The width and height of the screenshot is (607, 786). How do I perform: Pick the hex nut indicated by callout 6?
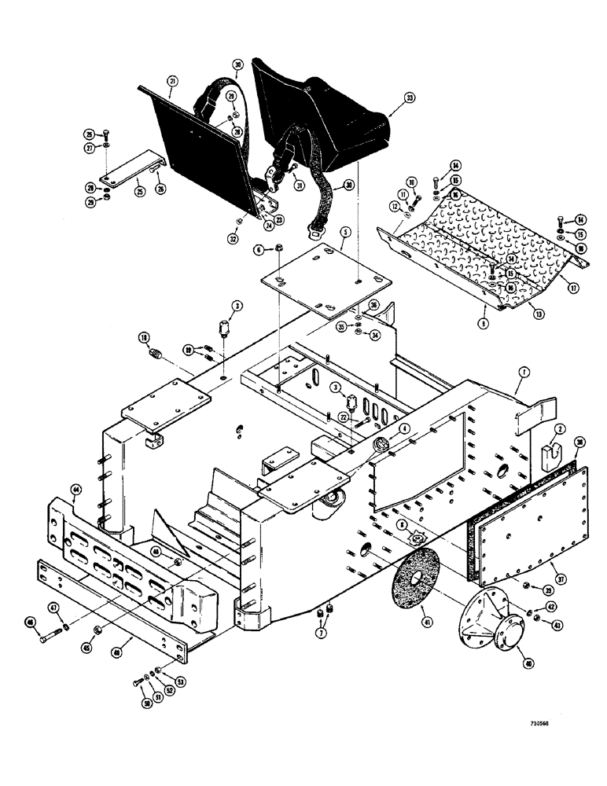280,251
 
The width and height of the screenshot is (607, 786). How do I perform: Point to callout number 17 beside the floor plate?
574,288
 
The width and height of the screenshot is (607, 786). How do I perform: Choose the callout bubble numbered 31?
298,185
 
